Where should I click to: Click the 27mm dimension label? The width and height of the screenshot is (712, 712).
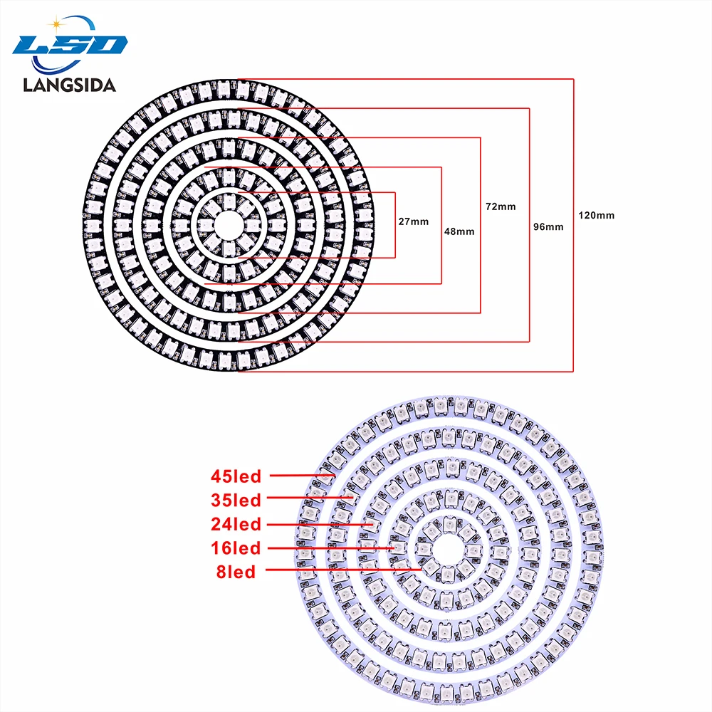click(414, 221)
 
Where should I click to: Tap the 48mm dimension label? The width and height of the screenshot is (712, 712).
click(459, 231)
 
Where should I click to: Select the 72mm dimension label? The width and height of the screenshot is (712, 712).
click(501, 206)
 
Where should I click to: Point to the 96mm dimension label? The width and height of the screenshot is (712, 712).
click(548, 227)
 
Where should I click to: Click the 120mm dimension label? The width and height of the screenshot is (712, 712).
click(596, 215)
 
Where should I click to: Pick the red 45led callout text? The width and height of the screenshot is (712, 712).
click(236, 475)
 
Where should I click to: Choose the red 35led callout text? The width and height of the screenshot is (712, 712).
click(236, 500)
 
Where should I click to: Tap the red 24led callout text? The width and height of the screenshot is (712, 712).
click(236, 525)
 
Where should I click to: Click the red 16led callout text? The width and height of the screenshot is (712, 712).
click(236, 548)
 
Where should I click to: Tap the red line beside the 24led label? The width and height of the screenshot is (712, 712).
click(320, 524)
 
